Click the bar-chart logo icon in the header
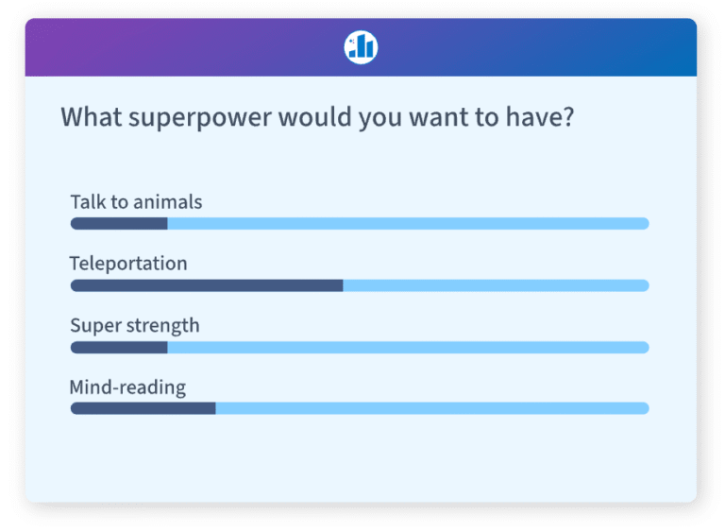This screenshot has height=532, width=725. click(x=361, y=46)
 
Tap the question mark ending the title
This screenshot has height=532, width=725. click(x=566, y=118)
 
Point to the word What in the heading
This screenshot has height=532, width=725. click(x=91, y=118)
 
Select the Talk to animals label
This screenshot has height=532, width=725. click(x=136, y=202)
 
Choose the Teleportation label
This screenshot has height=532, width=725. click(x=128, y=264)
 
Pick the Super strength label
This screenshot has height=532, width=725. click(x=135, y=326)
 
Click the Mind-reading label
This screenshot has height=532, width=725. click(x=127, y=387)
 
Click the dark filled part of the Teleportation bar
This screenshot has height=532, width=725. click(x=207, y=285)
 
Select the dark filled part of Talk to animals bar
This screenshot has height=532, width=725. click(x=119, y=224)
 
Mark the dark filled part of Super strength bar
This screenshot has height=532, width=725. click(x=119, y=347)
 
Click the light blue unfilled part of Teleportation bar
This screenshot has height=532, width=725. click(x=496, y=285)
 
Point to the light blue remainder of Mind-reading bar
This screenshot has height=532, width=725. click(x=432, y=408)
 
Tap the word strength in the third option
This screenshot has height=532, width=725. click(x=161, y=326)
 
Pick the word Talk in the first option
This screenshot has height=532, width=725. click(x=88, y=202)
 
